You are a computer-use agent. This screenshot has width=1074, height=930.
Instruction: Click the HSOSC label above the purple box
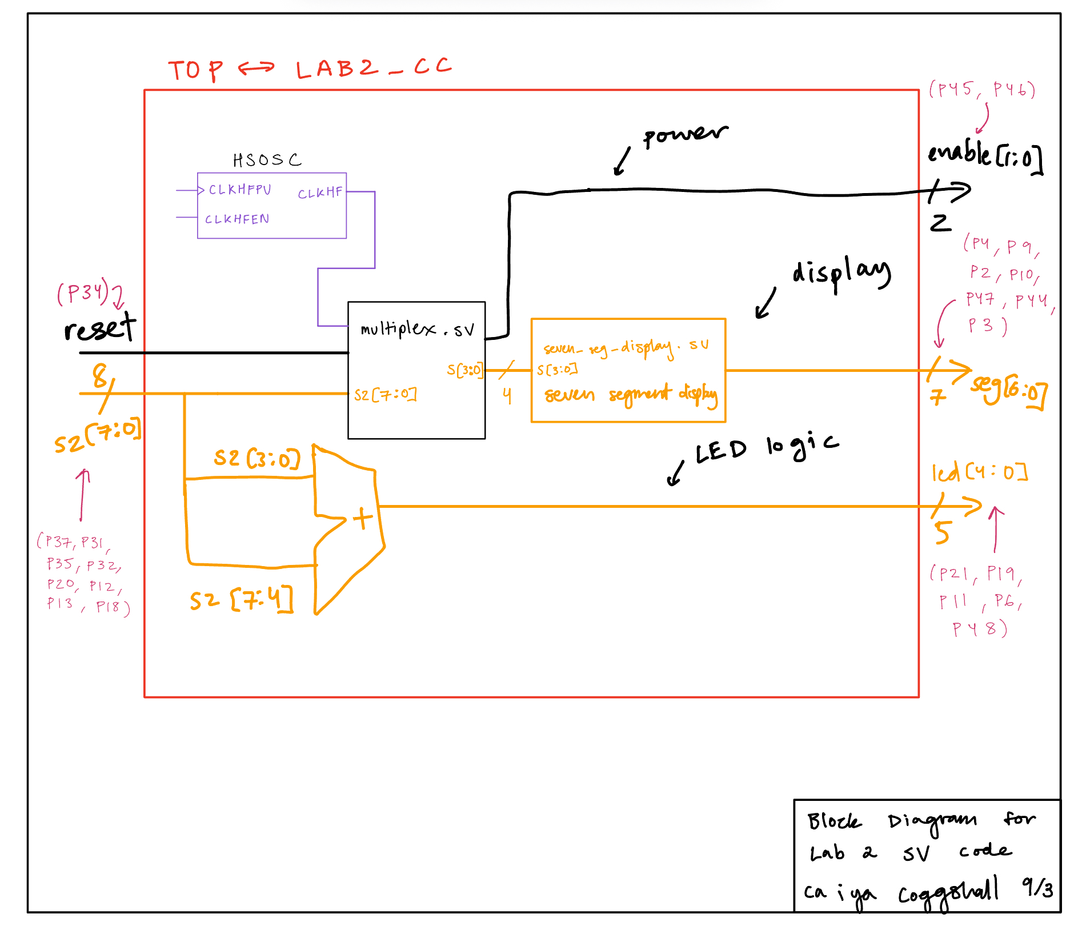point(267,160)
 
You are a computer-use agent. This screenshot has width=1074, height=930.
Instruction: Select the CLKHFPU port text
point(240,190)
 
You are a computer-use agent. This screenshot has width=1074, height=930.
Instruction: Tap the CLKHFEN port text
point(237,219)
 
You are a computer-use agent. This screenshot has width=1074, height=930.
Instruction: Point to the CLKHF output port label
point(320,193)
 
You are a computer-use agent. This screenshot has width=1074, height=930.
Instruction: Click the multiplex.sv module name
point(417,329)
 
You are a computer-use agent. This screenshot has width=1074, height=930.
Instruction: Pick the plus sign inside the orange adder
point(362,519)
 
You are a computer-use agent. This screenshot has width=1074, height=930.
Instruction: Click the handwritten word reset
point(100,328)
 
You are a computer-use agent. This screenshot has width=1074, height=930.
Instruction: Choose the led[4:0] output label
point(979,472)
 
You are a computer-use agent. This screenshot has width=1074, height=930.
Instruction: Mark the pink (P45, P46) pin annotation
point(982,90)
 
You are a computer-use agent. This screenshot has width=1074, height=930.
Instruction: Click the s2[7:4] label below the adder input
point(242,600)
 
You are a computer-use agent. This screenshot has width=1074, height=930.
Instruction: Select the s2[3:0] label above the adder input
point(257,458)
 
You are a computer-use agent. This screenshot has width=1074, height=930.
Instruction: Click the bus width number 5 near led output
point(942,532)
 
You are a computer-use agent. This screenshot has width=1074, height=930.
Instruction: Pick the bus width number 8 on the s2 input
point(100,376)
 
